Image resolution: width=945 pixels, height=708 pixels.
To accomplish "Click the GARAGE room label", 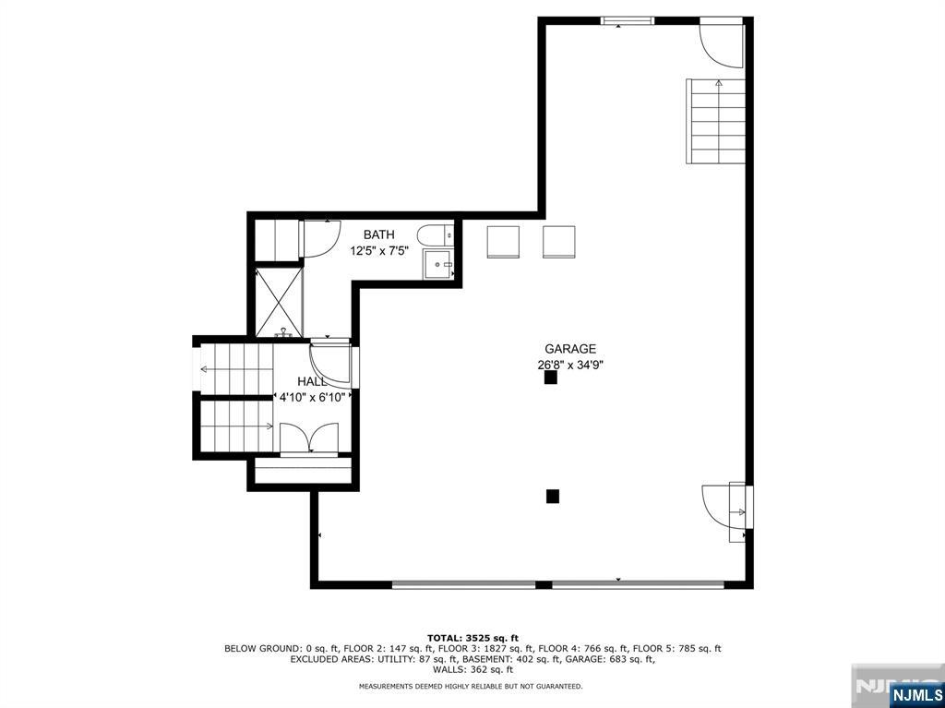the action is tap(570, 349).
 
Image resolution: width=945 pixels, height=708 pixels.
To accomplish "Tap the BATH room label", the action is tap(378, 234).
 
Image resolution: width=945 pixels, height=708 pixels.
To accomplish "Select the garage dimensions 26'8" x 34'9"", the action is tap(570, 365).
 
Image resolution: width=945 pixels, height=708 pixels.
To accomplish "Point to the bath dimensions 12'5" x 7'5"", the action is tap(379, 249).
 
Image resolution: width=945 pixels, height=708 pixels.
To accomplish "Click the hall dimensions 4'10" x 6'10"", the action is tap(312, 397).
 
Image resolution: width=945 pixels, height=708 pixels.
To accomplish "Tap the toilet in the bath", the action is tap(434, 234).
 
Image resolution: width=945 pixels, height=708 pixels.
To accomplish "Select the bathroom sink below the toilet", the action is tap(438, 264).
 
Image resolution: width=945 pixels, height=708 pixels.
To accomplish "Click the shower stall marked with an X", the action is tap(279, 303).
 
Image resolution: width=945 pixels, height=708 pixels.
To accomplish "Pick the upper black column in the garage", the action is tap(550, 378).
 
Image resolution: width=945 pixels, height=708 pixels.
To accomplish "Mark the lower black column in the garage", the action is tap(553, 496).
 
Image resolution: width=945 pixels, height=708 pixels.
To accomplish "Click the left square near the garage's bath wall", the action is tap(503, 243).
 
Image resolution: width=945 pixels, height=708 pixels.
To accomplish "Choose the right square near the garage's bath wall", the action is tap(558, 243).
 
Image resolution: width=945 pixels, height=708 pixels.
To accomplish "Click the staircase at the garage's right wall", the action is tap(716, 121).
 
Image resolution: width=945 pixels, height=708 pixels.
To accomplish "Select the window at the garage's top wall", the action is tap(628, 20).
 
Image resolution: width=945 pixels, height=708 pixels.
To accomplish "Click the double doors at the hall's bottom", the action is tap(309, 439).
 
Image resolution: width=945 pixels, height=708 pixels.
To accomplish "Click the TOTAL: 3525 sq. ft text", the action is tap(472, 638).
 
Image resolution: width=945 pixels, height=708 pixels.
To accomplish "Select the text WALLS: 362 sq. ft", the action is tap(472, 669).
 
